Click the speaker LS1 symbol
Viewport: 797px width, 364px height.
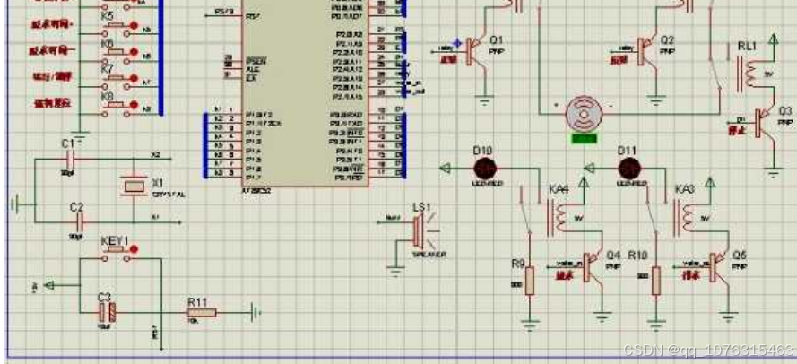pyautogui.click(x=417, y=230)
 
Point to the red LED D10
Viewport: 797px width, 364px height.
pyautogui.click(x=485, y=167)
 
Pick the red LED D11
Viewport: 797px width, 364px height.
pyautogui.click(x=628, y=168)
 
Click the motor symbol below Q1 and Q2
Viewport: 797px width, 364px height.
pyautogui.click(x=585, y=114)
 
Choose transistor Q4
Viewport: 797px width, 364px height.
pyautogui.click(x=593, y=266)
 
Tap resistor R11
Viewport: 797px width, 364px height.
pyautogui.click(x=202, y=312)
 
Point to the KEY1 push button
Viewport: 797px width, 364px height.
pyautogui.click(x=114, y=256)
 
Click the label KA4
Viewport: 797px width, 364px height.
pyautogui.click(x=559, y=190)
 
